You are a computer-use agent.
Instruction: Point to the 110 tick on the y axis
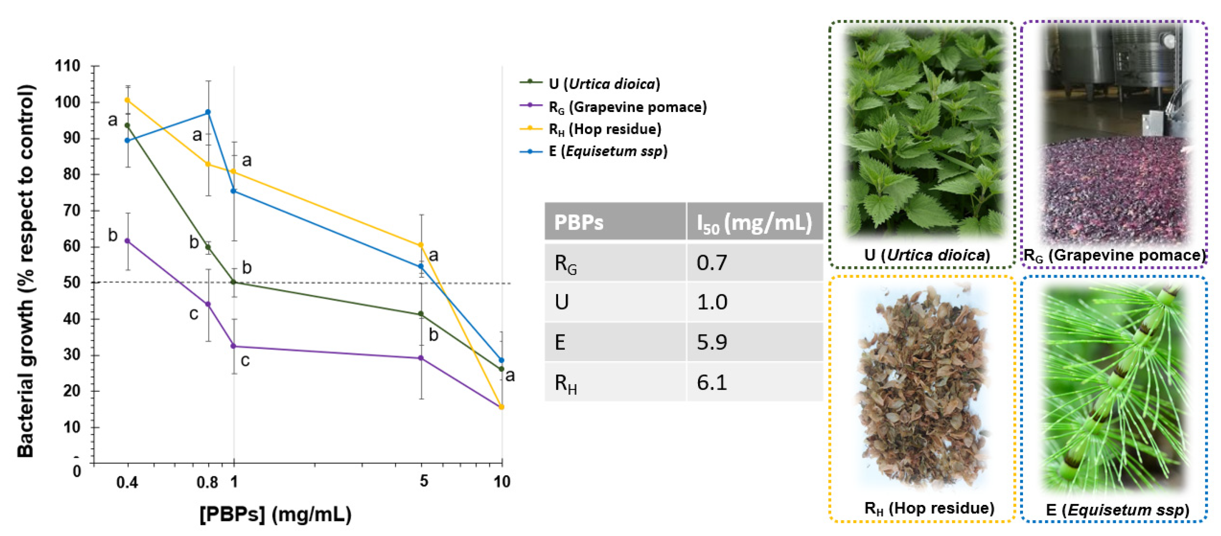[68, 66]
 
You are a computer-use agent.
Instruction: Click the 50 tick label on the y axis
[72, 282]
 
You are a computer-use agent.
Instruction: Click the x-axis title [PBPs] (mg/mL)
[275, 514]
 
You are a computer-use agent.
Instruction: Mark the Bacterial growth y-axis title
[26, 271]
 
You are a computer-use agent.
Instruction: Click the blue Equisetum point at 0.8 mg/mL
[208, 112]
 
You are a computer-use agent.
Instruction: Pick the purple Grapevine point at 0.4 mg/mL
[127, 241]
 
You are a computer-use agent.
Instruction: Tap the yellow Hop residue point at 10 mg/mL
[501, 407]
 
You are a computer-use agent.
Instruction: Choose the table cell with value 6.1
[712, 382]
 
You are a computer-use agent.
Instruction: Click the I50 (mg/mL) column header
[754, 222]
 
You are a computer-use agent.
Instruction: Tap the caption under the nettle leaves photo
[927, 255]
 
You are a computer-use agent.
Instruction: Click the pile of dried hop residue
[922, 389]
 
